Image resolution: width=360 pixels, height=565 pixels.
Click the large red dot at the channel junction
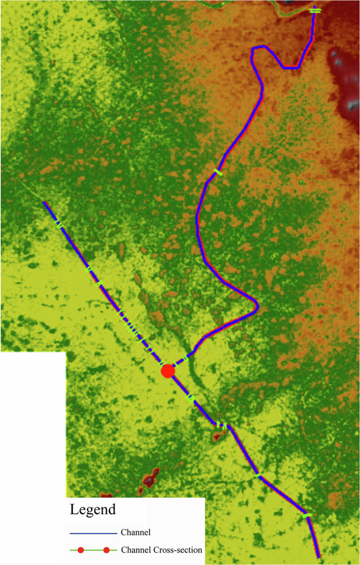click(x=168, y=371)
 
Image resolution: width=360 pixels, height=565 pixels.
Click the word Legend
click(x=93, y=509)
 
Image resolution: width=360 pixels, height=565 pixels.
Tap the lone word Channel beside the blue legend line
click(x=136, y=532)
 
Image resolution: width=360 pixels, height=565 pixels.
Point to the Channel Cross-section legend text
click(x=161, y=550)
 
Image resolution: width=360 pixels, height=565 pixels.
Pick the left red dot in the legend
click(x=80, y=550)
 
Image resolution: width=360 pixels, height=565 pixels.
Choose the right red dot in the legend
click(x=106, y=550)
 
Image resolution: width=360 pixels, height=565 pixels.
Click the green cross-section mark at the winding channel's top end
click(x=315, y=10)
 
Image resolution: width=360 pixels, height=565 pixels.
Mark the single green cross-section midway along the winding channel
click(x=218, y=172)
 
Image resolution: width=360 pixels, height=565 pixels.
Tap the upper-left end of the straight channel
click(x=45, y=202)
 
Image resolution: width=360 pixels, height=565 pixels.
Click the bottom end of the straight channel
click(x=318, y=556)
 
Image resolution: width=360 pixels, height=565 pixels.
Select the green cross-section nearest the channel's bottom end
click(x=307, y=516)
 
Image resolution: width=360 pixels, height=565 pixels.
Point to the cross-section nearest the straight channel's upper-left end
click(x=60, y=224)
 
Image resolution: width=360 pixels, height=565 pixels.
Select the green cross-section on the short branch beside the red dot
click(x=186, y=360)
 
